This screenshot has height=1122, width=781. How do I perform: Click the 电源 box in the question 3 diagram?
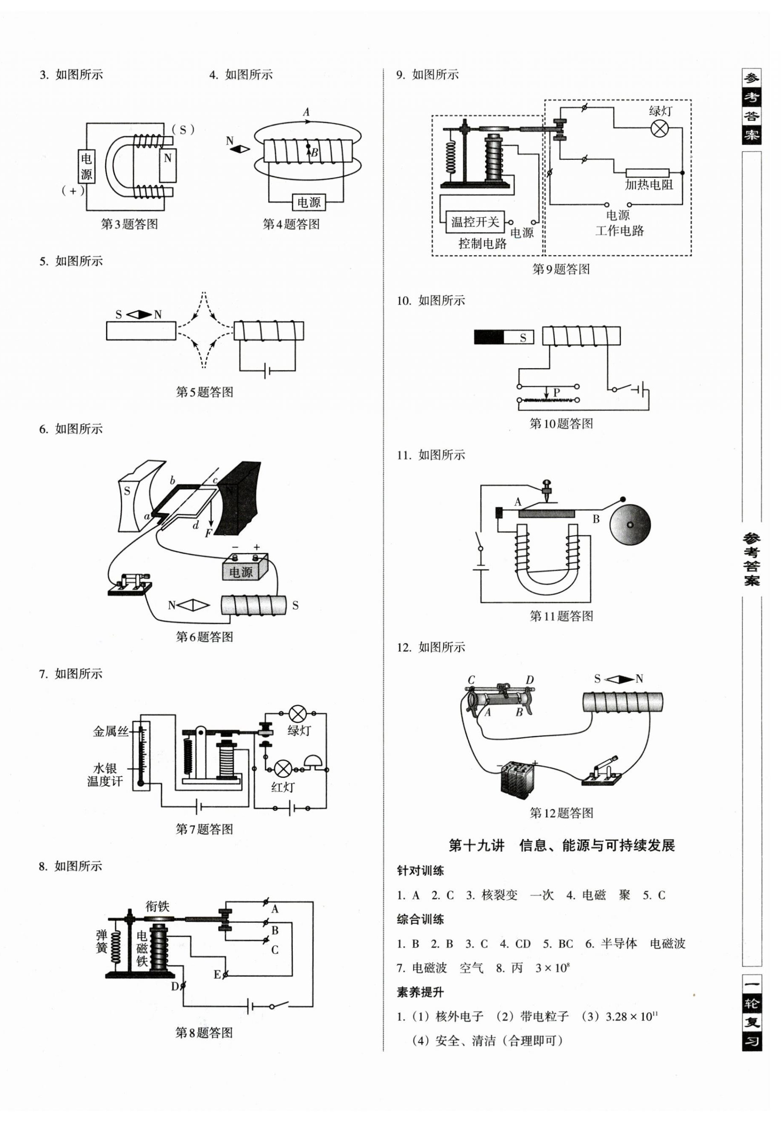click(86, 166)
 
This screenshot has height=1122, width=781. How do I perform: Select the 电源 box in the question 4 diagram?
click(309, 202)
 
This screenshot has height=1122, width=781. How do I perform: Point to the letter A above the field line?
click(306, 112)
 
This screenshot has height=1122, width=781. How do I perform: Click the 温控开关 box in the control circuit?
click(475, 222)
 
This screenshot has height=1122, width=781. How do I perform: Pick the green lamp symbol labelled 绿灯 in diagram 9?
click(660, 128)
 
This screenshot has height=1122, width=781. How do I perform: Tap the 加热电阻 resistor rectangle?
click(647, 172)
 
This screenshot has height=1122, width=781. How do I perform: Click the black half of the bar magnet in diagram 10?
click(489, 337)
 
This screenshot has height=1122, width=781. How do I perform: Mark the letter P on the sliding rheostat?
click(556, 392)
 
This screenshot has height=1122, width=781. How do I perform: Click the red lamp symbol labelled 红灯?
click(283, 769)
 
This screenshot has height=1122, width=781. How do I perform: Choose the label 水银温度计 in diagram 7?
click(105, 775)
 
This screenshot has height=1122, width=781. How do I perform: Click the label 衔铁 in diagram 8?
click(157, 906)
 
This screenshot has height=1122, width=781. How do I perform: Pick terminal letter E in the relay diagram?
click(217, 975)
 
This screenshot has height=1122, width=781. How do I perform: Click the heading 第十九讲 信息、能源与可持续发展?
click(561, 845)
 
